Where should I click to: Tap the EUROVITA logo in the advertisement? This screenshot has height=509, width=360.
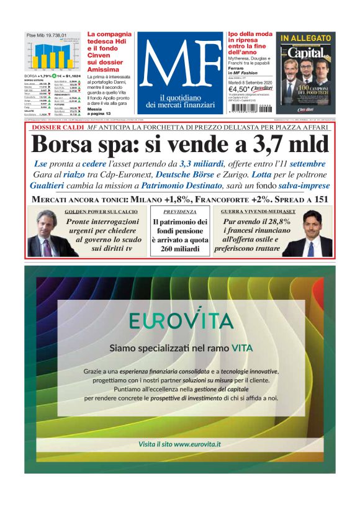click(181, 320)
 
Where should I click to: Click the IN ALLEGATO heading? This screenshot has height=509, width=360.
click(305, 38)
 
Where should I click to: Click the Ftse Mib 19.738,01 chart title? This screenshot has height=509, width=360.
click(47, 35)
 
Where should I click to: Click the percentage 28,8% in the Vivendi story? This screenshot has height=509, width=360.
click(277, 221)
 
